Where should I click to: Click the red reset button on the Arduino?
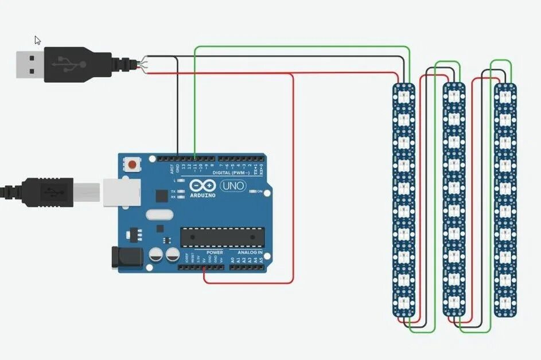coord(133,165)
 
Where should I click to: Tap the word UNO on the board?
coord(232,186)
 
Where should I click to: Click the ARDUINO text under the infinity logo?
coord(203,195)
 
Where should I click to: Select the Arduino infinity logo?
coord(203,186)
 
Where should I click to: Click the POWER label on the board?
coord(215,253)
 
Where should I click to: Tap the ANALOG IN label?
coord(247,253)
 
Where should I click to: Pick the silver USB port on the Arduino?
coord(122,191)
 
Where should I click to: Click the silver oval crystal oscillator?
coord(159,215)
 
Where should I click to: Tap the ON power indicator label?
coord(259,191)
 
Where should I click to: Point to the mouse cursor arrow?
coord(37,41)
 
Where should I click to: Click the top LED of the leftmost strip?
coord(404,93)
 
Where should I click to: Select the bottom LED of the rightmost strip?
coord(505,302)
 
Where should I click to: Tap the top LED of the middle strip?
coord(454,93)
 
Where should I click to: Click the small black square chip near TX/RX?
coord(161,196)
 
